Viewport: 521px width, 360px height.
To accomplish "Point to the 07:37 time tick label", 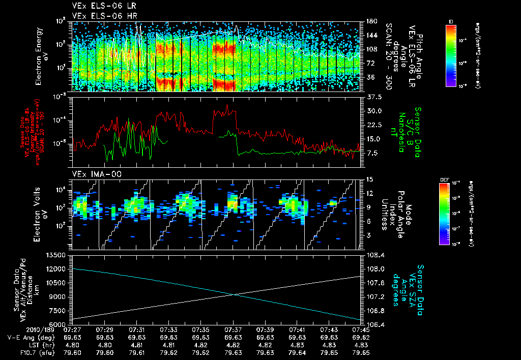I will (x=233, y=330).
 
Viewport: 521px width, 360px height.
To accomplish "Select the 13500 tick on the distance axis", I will (x=56, y=255).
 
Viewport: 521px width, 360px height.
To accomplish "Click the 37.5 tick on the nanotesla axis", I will (x=373, y=97).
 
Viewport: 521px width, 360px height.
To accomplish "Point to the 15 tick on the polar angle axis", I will (x=369, y=179).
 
